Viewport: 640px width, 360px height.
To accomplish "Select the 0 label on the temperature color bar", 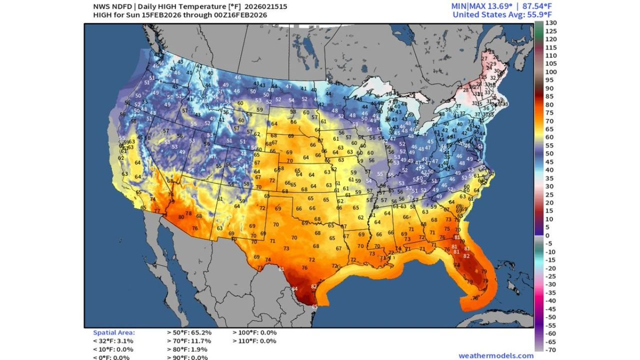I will coord(547,235).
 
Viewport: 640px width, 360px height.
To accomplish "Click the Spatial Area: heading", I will coord(113,332).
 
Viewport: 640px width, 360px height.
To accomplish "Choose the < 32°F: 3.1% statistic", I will coord(113,341).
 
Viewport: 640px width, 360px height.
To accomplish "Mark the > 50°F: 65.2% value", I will coord(188,332).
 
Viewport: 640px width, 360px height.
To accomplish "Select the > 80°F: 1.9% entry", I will coord(186,349).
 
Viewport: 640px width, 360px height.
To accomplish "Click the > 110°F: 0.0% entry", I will coord(254,341).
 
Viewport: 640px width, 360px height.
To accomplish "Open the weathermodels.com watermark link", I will coord(495,355).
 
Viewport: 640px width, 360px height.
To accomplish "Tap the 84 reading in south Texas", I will coord(294,288).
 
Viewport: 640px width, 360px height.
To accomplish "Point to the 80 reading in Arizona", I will coord(181,217).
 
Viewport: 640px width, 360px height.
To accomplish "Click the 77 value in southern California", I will coord(157,211).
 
